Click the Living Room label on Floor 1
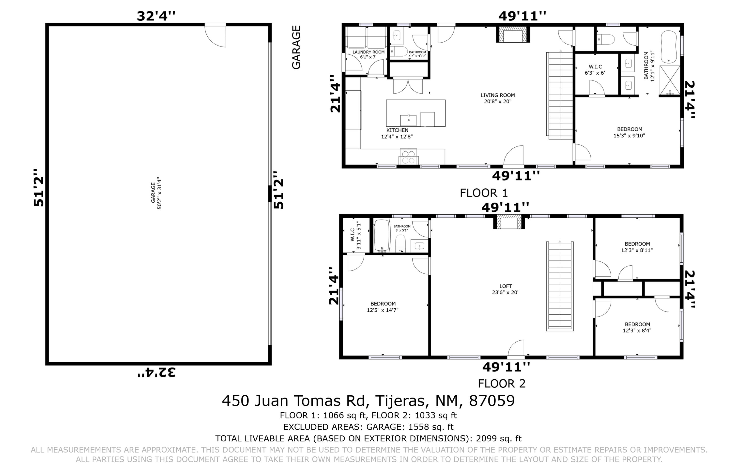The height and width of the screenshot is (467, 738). (x=497, y=98)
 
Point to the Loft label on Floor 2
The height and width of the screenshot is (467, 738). (x=505, y=289)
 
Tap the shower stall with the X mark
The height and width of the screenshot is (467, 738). (x=670, y=80)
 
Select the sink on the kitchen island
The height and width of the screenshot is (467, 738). (x=408, y=120)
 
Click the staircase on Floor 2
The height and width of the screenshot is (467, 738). (x=560, y=286)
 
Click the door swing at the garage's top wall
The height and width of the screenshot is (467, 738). (x=215, y=35)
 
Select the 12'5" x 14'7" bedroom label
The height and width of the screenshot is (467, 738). (x=383, y=307)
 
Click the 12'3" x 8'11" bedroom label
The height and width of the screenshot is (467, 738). (x=637, y=247)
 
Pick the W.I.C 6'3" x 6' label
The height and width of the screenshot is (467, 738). (x=595, y=70)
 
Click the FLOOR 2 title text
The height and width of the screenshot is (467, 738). (x=502, y=383)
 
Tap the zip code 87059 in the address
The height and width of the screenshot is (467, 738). (x=492, y=401)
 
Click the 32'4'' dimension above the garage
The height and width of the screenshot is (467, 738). (x=156, y=16)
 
